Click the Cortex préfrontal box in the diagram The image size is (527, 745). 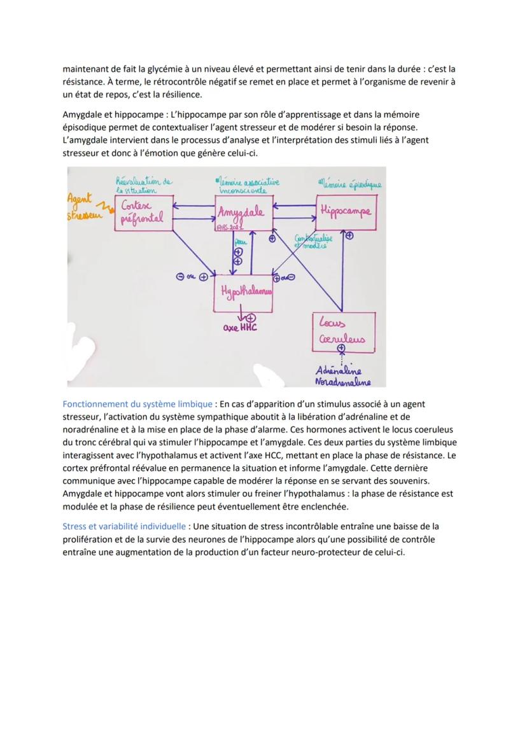(143, 213)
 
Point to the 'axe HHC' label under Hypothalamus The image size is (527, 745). (239, 328)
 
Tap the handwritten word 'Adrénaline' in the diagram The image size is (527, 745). (339, 371)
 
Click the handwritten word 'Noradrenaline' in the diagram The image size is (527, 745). (342, 382)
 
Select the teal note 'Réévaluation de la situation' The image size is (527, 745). (144, 185)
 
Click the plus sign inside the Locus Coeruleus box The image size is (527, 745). (341, 348)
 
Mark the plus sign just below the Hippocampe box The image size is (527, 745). (349, 235)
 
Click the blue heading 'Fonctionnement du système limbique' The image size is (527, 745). (137, 404)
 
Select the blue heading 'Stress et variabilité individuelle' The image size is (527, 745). (124, 527)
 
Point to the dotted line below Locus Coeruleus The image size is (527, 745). (341, 359)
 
